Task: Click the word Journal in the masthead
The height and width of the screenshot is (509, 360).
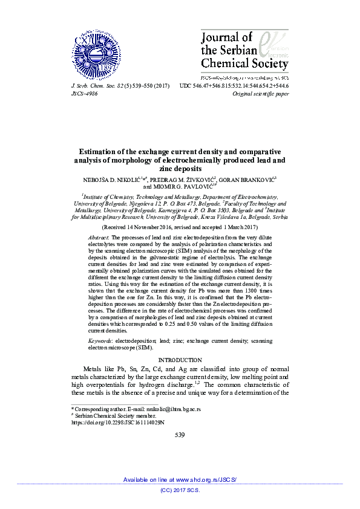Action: click(220, 38)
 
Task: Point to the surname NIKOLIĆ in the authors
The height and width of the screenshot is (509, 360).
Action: click(129, 180)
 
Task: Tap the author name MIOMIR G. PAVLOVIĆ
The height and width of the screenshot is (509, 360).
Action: click(186, 187)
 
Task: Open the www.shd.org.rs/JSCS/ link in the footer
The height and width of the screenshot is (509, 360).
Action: click(206, 479)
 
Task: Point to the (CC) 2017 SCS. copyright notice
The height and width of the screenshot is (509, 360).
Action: click(180, 490)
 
